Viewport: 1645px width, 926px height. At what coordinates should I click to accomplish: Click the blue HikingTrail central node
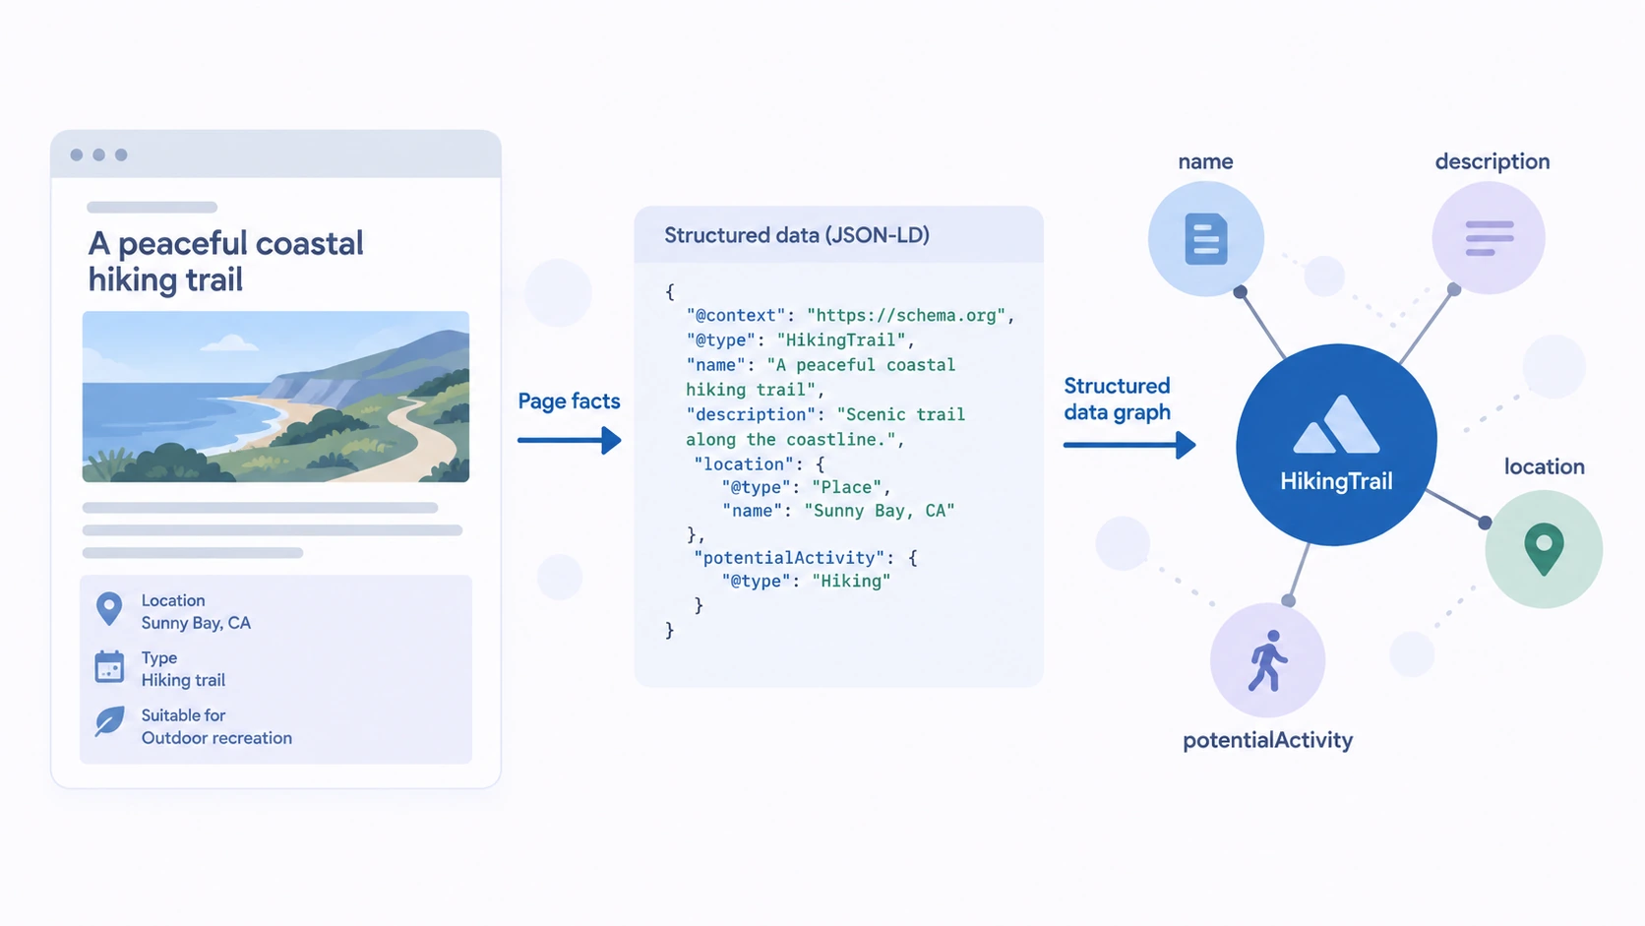click(x=1336, y=444)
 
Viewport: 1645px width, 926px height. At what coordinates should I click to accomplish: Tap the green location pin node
click(x=1543, y=548)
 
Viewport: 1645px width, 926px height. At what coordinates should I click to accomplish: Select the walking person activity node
click(x=1267, y=660)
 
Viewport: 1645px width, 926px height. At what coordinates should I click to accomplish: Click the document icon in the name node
click(x=1206, y=239)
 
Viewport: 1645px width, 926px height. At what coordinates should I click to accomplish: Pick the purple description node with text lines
click(x=1489, y=238)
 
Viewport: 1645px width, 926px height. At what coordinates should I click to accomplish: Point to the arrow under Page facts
click(x=569, y=441)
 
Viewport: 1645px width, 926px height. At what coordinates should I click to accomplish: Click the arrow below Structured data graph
click(x=1129, y=445)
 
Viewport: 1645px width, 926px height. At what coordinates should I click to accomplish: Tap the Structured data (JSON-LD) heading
click(x=797, y=235)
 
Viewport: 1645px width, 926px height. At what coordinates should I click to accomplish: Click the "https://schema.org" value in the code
click(x=905, y=315)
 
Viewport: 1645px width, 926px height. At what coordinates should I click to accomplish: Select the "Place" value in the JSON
click(x=846, y=487)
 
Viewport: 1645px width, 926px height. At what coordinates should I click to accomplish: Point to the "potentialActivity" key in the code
click(x=789, y=557)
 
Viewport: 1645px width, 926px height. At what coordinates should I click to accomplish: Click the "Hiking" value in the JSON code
click(x=851, y=581)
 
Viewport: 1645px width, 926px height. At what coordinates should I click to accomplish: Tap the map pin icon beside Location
click(x=109, y=609)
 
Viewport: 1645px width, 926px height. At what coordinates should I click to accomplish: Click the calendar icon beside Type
click(x=109, y=667)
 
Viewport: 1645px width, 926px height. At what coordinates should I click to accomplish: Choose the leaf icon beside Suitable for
click(x=109, y=721)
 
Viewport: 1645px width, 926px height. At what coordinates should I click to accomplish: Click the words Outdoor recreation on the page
click(x=216, y=737)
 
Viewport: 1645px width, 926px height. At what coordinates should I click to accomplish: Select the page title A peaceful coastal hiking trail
click(x=225, y=261)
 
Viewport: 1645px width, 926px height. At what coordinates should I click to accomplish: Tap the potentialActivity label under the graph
click(x=1267, y=740)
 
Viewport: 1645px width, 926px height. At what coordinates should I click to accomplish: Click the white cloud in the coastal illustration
click(x=229, y=342)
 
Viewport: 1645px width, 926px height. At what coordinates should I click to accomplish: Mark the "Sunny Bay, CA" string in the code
click(x=879, y=511)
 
